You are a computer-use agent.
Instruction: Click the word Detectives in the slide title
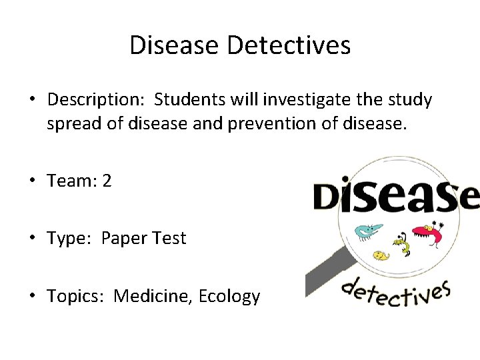pos(289,45)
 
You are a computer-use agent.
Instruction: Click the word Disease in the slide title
pos(175,45)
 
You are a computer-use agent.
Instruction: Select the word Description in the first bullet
pos(96,100)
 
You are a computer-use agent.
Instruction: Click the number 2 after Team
pos(107,181)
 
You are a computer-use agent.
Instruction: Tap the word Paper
pos(124,238)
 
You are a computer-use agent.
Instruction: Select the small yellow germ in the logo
pos(380,255)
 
